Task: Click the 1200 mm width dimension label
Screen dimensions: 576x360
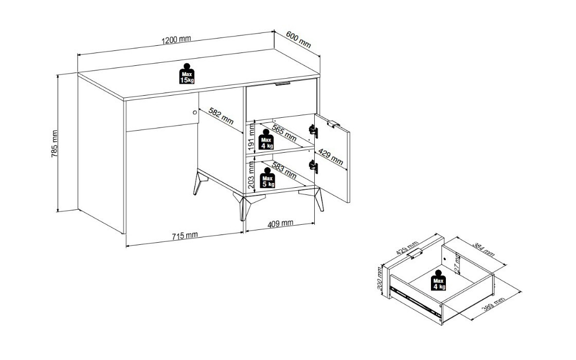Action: [x=176, y=39]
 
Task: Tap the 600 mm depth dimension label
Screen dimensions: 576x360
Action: [x=298, y=40]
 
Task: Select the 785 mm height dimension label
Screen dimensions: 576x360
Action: [x=55, y=143]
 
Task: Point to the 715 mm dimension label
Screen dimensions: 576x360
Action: [x=185, y=236]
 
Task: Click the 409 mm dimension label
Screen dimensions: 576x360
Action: [x=280, y=223]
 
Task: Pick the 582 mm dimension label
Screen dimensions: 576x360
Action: [x=221, y=116]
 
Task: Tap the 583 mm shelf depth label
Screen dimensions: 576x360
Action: [x=284, y=170]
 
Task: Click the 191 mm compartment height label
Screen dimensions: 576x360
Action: [x=251, y=137]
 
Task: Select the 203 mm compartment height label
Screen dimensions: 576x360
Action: [x=251, y=175]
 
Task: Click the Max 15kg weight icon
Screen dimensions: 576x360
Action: [x=187, y=74]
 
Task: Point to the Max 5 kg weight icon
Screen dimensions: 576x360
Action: [x=267, y=178]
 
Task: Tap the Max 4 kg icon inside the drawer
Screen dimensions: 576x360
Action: [x=439, y=280]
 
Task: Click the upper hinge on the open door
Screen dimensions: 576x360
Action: [x=313, y=131]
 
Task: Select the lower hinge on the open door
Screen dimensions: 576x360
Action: [x=313, y=167]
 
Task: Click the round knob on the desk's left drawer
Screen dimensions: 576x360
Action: [x=195, y=113]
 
